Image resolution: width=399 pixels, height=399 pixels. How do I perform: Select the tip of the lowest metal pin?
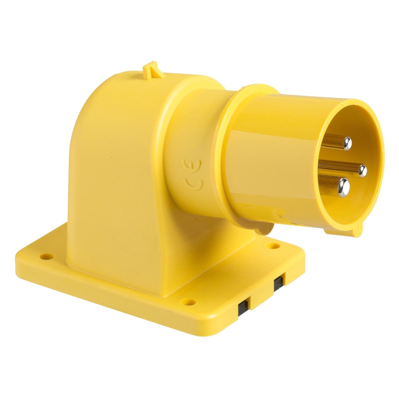[x=344, y=187]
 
